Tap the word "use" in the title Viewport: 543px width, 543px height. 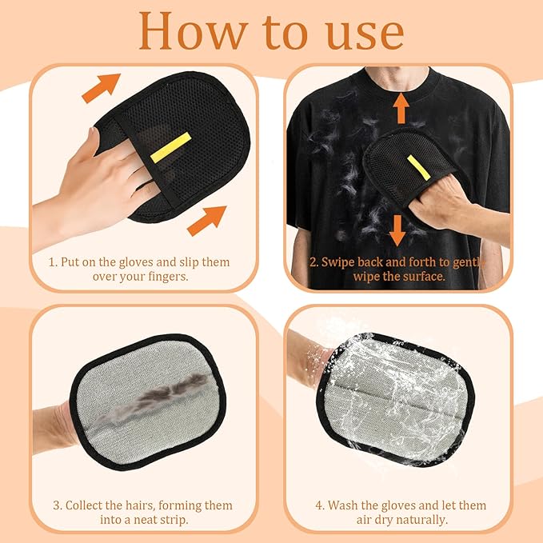pos(361,32)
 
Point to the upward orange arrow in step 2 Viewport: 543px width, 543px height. pos(401,108)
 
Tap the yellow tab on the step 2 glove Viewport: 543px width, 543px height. pos(417,167)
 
